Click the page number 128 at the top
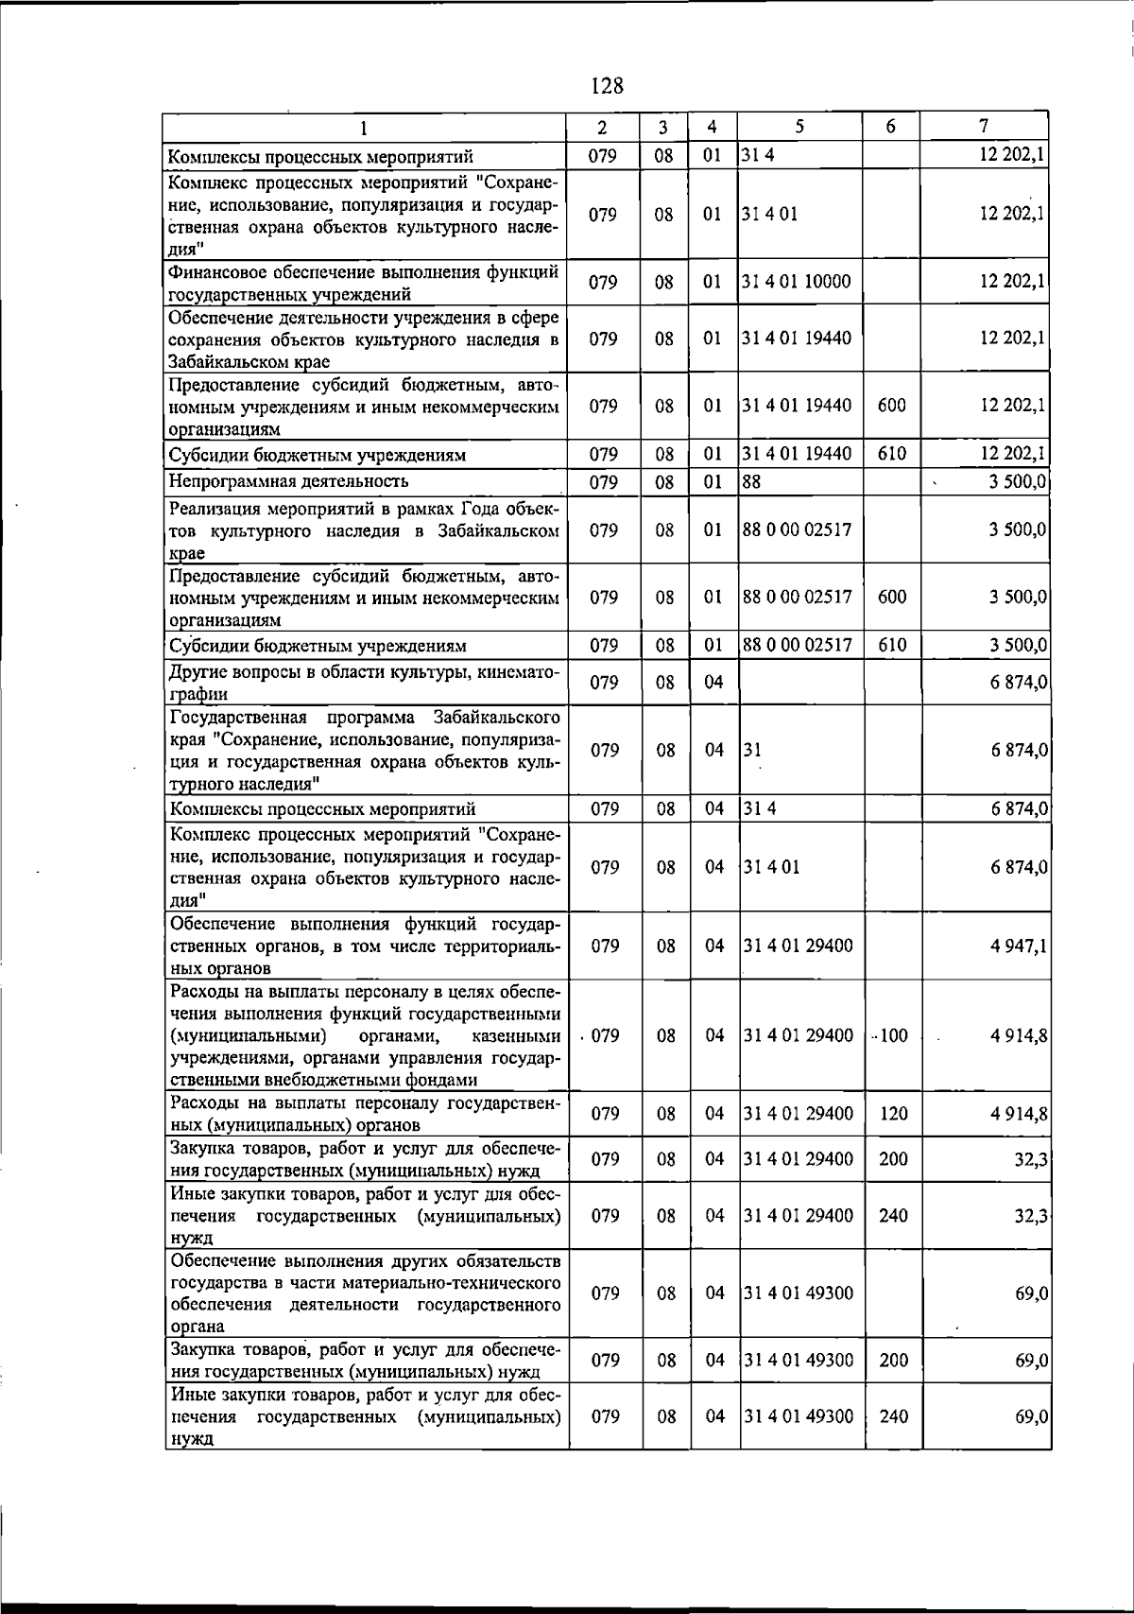point(607,86)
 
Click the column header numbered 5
point(799,127)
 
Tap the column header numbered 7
point(984,126)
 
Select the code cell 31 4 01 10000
point(797,282)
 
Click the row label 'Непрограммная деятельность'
point(288,481)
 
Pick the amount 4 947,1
point(1018,946)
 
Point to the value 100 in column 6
point(893,1035)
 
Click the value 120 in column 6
point(893,1114)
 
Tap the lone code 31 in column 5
point(752,750)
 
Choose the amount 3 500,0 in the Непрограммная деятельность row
point(1017,481)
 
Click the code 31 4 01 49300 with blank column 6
point(799,1293)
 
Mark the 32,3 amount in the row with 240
point(1031,1216)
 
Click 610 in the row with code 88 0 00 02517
point(892,646)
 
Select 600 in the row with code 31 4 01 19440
point(892,406)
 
